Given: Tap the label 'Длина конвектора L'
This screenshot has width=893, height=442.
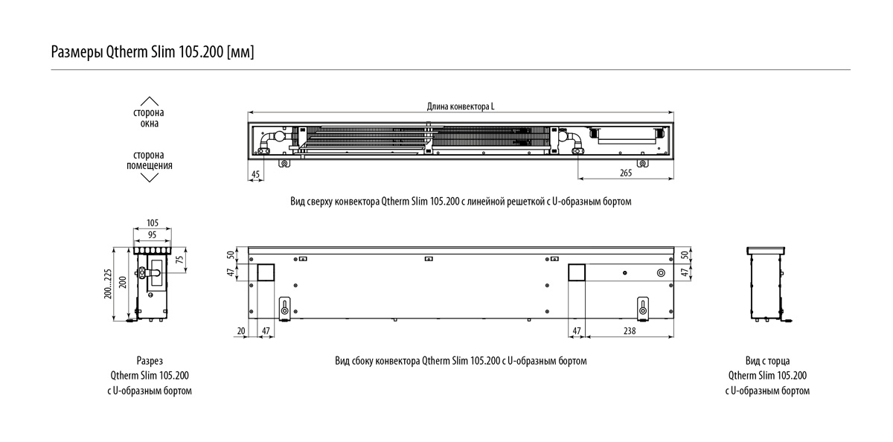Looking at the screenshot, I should point(461,106).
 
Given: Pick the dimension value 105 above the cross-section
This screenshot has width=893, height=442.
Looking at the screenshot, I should point(153,223).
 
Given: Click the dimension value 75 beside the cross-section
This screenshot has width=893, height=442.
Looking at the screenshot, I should point(179,260).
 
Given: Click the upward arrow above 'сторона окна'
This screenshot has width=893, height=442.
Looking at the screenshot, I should point(150,101).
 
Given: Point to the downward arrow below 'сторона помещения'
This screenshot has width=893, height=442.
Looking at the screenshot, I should point(150,177).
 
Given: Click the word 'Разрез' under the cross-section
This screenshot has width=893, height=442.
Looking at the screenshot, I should point(150,361).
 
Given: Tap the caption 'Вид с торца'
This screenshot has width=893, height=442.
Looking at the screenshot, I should point(767,361).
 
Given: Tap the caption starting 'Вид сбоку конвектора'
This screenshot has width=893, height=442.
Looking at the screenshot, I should point(461,361).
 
